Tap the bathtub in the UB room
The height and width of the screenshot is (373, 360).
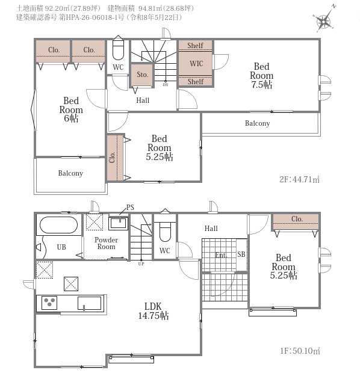coord(58,225)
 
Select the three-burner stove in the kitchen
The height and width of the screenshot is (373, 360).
coord(49,303)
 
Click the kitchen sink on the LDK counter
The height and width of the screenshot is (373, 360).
coord(90,303)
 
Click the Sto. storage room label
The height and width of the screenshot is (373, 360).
coord(143,75)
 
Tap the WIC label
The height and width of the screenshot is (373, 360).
coord(196,64)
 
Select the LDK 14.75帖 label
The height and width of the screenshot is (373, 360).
coord(154,310)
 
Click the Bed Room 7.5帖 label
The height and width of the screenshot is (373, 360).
coord(261,75)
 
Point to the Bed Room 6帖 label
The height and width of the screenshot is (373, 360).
coord(71,109)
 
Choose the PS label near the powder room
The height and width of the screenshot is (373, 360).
coord(130,208)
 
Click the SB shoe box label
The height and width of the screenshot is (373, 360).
coord(241,254)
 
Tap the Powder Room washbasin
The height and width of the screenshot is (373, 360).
coord(119,223)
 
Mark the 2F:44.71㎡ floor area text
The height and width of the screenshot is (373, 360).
coord(299,179)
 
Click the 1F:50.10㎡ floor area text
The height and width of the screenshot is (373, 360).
coord(300,351)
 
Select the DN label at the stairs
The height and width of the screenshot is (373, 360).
coord(166,85)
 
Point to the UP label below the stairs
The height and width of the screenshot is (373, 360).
coord(141,264)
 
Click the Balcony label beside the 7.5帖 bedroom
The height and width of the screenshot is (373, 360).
coord(258,123)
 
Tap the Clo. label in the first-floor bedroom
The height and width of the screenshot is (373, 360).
coord(297,219)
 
